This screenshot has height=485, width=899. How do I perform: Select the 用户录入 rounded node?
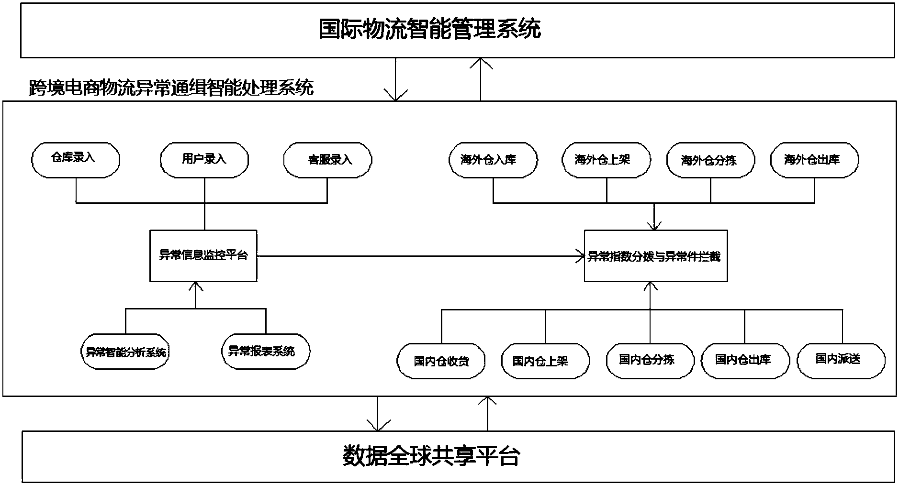[204, 159]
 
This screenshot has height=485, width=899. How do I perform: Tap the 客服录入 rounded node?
[328, 159]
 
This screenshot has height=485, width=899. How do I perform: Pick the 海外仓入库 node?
[493, 160]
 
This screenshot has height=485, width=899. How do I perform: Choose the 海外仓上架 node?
[606, 160]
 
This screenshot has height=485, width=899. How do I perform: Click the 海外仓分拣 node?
[710, 160]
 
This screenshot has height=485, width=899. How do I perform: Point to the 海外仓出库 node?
[814, 160]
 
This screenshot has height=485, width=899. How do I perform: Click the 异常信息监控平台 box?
[203, 256]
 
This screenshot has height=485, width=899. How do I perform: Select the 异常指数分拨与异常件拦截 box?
[655, 256]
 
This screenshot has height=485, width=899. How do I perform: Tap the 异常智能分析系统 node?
[125, 352]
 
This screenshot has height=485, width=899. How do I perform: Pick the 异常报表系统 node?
[266, 352]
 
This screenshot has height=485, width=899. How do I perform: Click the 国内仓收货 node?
[441, 361]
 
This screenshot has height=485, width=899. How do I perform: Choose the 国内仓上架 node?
[545, 361]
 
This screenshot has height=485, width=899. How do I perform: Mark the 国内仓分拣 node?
[650, 360]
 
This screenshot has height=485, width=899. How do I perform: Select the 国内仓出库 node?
[745, 360]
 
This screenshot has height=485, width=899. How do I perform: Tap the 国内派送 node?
[841, 360]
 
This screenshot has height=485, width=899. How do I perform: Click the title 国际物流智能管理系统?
[429, 29]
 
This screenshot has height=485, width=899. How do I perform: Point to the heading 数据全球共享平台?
[431, 456]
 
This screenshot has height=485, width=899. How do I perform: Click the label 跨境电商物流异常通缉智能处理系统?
[171, 88]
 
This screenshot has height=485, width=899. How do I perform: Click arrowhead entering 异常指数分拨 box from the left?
[580, 256]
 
